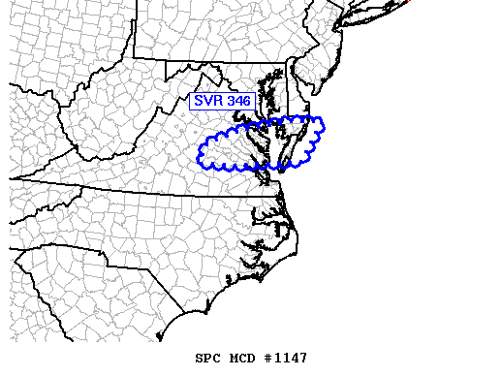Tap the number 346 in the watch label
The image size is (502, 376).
[236, 100]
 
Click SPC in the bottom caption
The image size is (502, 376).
[207, 359]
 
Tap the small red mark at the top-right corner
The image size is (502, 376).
[407, 1]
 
